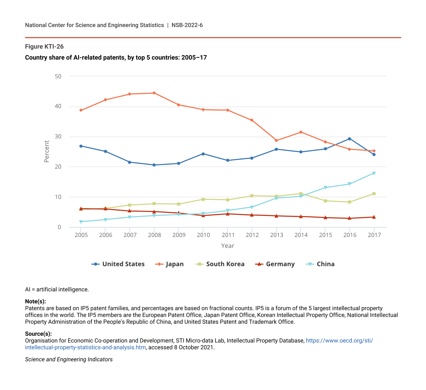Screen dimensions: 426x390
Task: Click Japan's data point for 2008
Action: coord(154,93)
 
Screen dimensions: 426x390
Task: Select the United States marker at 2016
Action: coord(349,139)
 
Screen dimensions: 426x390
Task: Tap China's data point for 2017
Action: coord(374,173)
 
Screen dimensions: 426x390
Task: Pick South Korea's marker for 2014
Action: coord(301,194)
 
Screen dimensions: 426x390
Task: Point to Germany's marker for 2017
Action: coord(374,217)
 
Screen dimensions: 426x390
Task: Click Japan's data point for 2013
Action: coord(276,141)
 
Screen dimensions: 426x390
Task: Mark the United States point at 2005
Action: coord(81,146)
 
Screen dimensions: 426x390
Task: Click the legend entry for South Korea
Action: coord(220,264)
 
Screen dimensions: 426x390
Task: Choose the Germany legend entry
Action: coord(275,264)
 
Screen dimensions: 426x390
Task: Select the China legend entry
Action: coord(320,264)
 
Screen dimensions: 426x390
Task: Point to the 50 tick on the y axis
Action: coord(58,76)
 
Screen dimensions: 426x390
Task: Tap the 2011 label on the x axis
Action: coord(228,235)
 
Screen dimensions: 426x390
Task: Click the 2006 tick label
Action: coord(106,235)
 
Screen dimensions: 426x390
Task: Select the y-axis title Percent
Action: coord(47,151)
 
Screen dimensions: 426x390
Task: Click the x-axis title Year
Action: coord(228,246)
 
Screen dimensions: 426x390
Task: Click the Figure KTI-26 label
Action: coord(44,47)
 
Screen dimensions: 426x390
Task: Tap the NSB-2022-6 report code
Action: coord(187,25)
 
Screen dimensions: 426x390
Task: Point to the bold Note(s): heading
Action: coord(36,302)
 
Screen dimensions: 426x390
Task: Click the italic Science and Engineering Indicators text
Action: coord(69,359)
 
